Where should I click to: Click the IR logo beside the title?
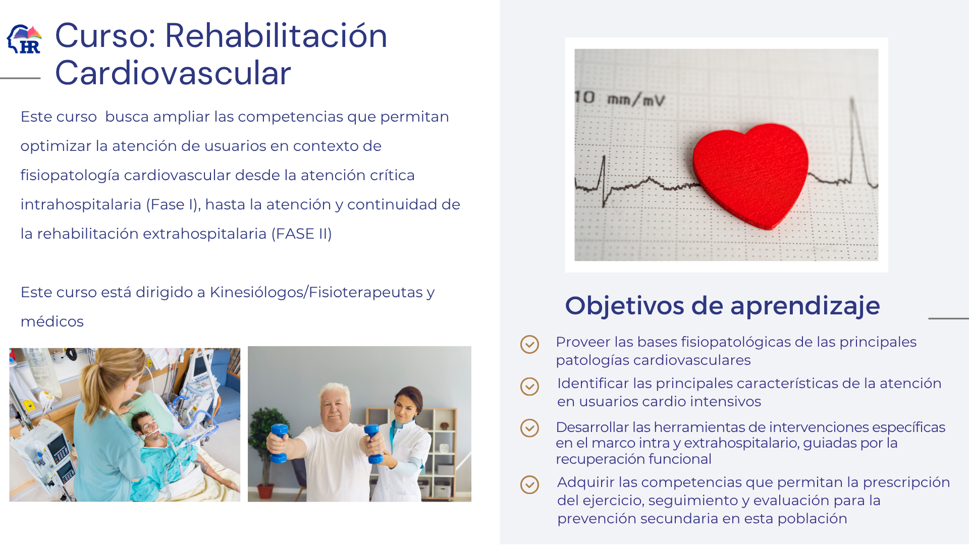[x=24, y=39]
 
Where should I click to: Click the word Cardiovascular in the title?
[x=173, y=73]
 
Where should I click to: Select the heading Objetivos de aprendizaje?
[x=722, y=306]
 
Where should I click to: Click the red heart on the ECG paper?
[x=750, y=174]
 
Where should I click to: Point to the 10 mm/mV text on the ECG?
[x=620, y=98]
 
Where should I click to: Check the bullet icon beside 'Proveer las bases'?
[x=529, y=344]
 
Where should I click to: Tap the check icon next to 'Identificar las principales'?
[x=529, y=387]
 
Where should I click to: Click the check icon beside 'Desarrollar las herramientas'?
[x=529, y=428]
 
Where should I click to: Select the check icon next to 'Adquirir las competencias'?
[x=529, y=484]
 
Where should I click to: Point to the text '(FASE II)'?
[x=302, y=234]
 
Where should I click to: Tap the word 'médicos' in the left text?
[x=52, y=321]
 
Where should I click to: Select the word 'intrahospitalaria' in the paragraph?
[x=81, y=204]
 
